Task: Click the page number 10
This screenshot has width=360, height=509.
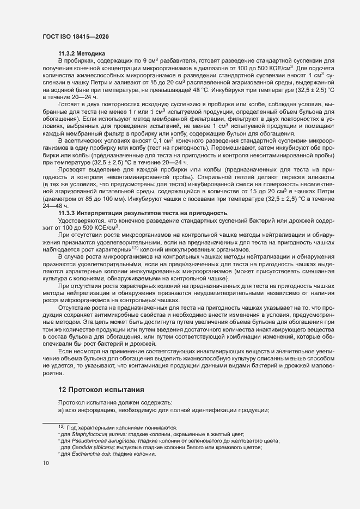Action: pos(46,463)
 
